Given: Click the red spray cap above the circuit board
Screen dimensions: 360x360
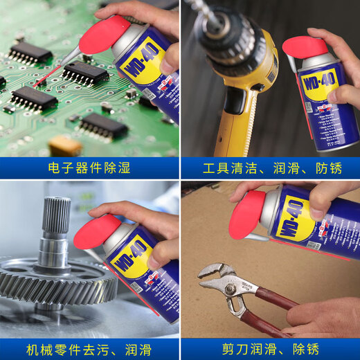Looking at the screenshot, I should pos(103,35).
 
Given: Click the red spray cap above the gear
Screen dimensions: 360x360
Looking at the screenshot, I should pos(97,231).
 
